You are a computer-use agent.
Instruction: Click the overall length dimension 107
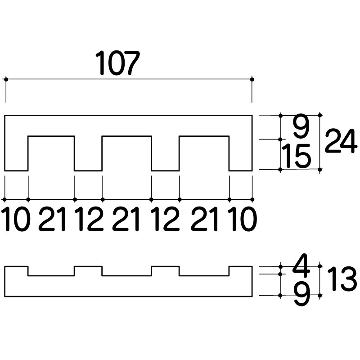click(x=117, y=63)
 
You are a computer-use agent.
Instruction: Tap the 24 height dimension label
click(x=341, y=141)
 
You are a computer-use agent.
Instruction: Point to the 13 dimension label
click(x=342, y=279)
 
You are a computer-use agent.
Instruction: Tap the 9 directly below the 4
click(x=302, y=294)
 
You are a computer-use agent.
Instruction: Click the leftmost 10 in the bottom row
click(x=17, y=219)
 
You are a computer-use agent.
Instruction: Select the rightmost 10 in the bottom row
click(x=243, y=219)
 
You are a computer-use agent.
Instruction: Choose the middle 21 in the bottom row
click(x=126, y=219)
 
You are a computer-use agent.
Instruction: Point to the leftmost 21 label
click(x=52, y=219)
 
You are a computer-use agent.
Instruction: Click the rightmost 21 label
click(x=204, y=219)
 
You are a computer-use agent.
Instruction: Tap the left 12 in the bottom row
click(x=90, y=219)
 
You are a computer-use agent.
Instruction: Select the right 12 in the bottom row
click(x=165, y=219)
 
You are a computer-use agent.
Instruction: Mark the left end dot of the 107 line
click(x=6, y=80)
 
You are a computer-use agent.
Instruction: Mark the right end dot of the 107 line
click(x=252, y=80)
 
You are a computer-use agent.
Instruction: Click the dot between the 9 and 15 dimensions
click(x=280, y=139)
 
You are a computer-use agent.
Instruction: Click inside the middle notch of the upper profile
click(x=127, y=153)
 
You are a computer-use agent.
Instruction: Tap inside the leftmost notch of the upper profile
click(x=51, y=153)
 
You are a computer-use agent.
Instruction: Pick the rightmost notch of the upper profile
click(x=204, y=153)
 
